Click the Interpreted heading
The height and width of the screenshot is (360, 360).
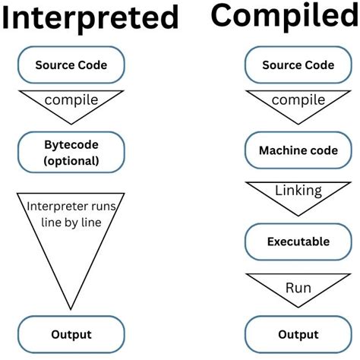[90, 18]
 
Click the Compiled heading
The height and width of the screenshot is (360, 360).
[283, 14]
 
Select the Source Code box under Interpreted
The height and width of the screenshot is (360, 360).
[71, 65]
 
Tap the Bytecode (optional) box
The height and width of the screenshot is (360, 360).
[71, 151]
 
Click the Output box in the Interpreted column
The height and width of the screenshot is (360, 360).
[71, 335]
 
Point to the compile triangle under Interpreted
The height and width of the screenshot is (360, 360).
[71, 103]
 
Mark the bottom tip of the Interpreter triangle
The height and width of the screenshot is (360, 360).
[71, 309]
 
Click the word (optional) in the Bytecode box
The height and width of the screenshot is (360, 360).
[71, 159]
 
